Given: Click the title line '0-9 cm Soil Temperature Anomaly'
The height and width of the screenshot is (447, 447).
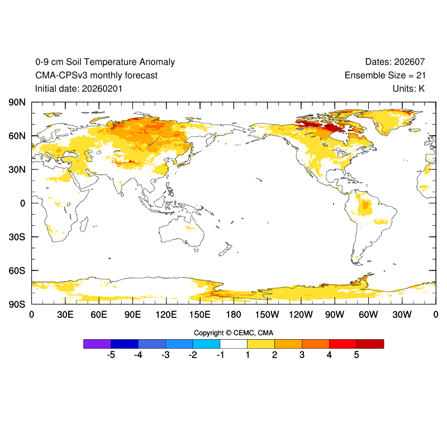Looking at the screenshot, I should coord(105,62).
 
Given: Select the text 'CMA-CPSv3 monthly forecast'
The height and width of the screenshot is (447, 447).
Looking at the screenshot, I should coord(96,75).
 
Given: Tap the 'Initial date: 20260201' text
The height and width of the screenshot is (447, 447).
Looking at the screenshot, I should coord(79,88).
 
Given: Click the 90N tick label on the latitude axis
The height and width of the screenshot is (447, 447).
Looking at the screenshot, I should coord(17,102).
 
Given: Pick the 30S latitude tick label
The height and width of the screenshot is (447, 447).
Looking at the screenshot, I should coord(17,237).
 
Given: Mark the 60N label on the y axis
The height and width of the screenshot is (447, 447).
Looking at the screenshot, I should coord(17,136).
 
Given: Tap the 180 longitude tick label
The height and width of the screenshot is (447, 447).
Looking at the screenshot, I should coord(234,315).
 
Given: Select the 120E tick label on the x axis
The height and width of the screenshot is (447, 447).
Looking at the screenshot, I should coord(166,315).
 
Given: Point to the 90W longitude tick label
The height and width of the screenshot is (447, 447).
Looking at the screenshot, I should coord(335,315).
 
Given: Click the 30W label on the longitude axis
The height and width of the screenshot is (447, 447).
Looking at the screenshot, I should coord(402,315).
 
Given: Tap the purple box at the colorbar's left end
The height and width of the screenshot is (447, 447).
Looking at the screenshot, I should coord(97,344).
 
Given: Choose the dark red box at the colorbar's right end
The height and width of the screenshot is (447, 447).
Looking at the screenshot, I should coord(370,344).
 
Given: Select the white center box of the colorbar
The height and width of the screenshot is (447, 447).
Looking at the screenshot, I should coord(234,344).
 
